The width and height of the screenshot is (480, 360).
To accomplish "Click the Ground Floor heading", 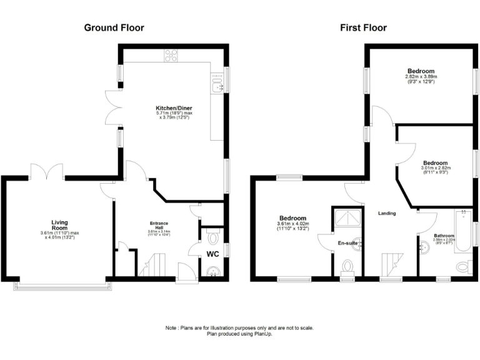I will click(114, 27).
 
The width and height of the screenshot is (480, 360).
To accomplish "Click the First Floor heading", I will click(363, 27).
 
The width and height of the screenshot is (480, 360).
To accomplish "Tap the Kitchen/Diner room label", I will click(173, 108).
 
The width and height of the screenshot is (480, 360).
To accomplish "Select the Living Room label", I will click(60, 222).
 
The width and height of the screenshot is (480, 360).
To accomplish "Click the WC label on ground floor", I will click(214, 254).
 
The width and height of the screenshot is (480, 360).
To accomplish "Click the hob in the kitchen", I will click(171, 56).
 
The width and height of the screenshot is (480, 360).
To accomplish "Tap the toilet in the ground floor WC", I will click(211, 237).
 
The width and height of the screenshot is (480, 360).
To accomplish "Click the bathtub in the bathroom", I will click(464, 229).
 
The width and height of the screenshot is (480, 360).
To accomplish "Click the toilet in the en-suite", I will click(347, 267).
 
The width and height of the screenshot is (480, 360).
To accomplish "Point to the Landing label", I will click(387, 213).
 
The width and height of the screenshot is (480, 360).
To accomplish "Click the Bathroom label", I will click(444, 236).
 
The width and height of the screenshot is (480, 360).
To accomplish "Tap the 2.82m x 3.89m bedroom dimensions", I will click(421, 77).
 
